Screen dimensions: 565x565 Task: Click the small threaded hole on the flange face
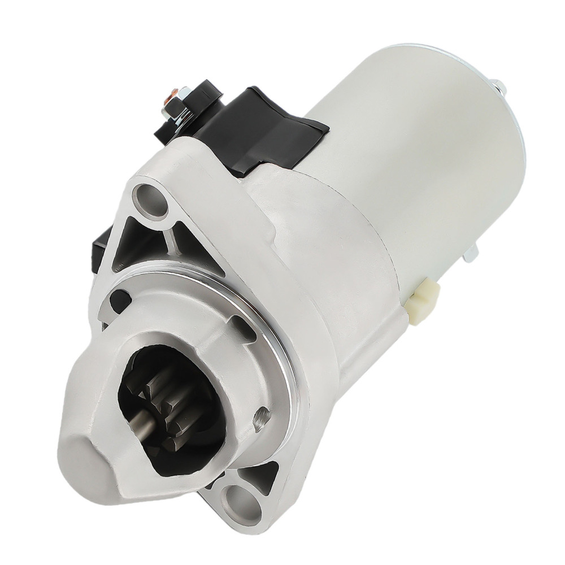pyautogui.click(x=261, y=419)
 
